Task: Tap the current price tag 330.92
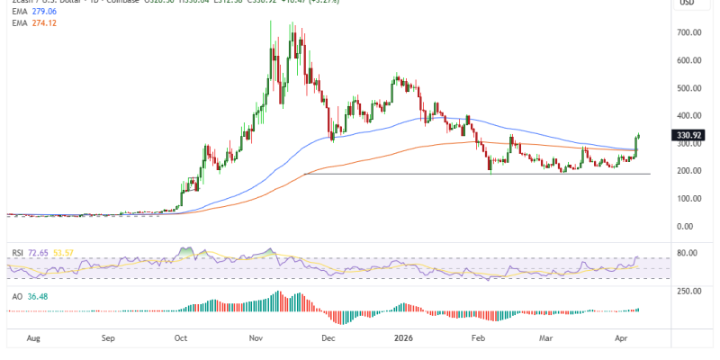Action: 688,136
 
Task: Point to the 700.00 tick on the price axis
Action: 689,32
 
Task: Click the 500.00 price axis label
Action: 689,88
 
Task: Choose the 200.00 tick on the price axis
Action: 689,171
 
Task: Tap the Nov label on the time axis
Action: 256,340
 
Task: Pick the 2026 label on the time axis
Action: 402,340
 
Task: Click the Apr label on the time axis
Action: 621,340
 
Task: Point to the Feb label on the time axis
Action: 478,340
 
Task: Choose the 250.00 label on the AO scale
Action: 689,292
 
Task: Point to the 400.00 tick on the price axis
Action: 689,115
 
